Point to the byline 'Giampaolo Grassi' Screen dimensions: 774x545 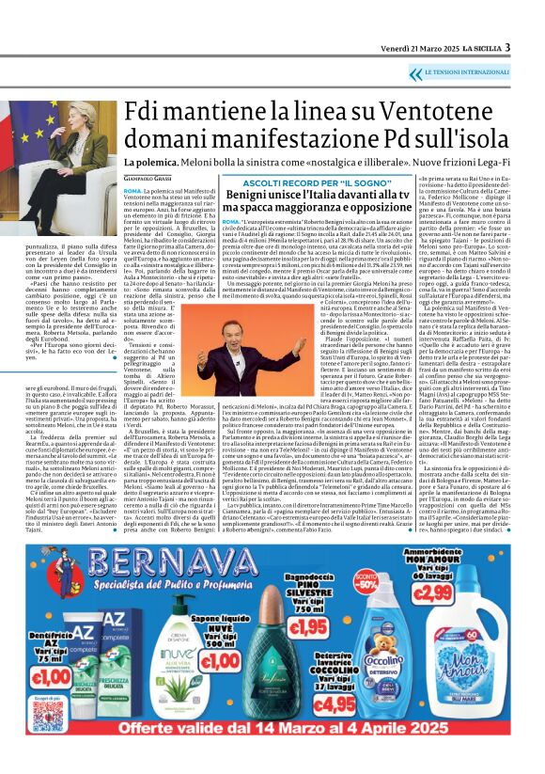[x=149, y=177]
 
